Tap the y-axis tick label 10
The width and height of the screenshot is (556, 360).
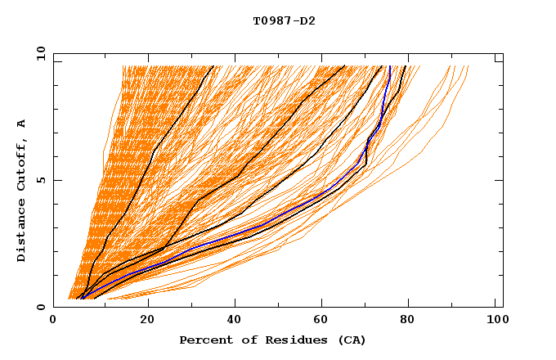tap(40, 53)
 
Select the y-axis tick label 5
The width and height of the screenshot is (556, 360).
tap(43, 180)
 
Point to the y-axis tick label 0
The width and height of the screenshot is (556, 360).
tap(43, 307)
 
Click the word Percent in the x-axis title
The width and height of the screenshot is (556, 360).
tap(205, 340)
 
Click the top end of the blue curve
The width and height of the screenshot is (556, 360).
tap(389, 66)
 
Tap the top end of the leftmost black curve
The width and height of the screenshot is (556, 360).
tap(213, 66)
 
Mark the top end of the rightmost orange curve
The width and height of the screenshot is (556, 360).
tap(468, 66)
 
